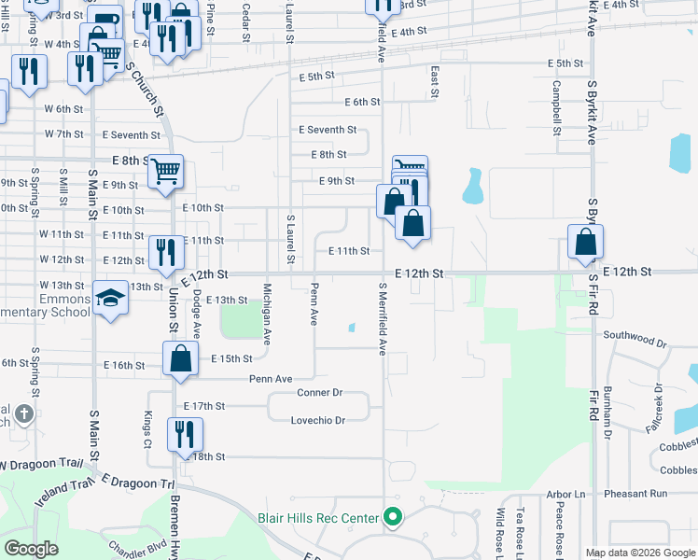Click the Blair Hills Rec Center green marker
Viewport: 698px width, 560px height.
(393, 516)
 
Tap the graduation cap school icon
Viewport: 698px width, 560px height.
(110, 299)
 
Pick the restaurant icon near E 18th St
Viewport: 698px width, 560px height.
(185, 434)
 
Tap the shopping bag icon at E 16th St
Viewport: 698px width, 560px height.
(180, 359)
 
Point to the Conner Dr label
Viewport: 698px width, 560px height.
(320, 393)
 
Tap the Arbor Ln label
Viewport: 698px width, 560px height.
(565, 494)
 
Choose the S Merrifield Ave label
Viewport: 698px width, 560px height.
(383, 318)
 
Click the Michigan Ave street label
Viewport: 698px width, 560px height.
(268, 315)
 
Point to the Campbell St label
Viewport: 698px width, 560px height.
(556, 108)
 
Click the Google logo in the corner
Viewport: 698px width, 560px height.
(31, 549)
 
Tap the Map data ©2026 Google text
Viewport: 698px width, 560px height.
(640, 553)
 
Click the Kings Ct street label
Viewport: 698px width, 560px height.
(147, 428)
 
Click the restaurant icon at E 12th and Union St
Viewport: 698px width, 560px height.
(165, 253)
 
